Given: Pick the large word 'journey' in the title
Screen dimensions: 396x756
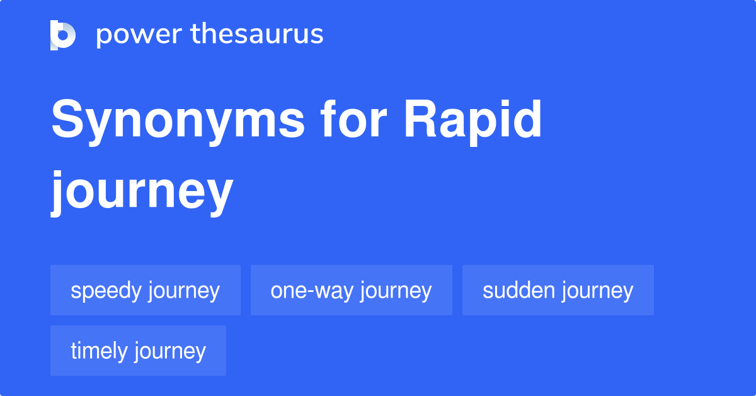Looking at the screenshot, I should point(142,189).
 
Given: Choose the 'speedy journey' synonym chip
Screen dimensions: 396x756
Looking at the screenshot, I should point(146,290).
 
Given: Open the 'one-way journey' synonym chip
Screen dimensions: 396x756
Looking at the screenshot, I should point(351,290).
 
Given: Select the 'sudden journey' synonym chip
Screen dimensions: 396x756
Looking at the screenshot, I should point(558,290).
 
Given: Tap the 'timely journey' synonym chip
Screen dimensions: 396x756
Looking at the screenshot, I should point(138,351).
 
